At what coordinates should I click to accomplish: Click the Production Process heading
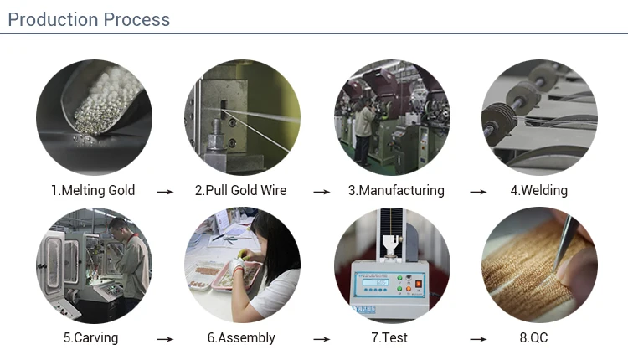[x=89, y=19]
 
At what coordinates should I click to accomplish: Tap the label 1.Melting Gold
[x=93, y=190]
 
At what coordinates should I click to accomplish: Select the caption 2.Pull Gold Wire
[x=240, y=190]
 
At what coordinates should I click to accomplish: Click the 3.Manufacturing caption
[x=396, y=190]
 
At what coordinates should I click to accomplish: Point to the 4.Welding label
[x=539, y=190]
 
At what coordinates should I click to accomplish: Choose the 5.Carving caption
[x=91, y=337]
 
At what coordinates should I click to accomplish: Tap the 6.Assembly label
[x=241, y=337]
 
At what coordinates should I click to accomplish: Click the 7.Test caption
[x=389, y=337]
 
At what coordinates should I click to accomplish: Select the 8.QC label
[x=533, y=337]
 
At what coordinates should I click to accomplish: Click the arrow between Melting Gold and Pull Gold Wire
[x=165, y=192]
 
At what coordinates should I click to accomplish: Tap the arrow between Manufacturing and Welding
[x=478, y=192]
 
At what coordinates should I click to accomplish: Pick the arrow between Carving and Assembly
[x=165, y=339]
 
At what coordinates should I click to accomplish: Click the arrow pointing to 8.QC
[x=478, y=339]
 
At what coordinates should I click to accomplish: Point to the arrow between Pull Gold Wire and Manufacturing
[x=322, y=192]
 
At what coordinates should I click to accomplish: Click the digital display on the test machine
[x=375, y=282]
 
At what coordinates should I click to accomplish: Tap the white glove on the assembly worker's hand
[x=237, y=265]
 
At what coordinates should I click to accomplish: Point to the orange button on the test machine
[x=408, y=288]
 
